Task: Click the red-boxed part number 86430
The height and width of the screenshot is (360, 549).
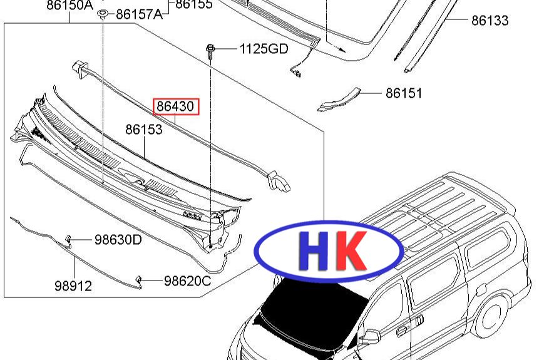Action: click(176, 106)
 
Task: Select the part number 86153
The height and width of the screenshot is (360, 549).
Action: click(144, 130)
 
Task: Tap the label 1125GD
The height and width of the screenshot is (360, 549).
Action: click(264, 49)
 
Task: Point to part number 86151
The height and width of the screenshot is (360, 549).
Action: click(404, 93)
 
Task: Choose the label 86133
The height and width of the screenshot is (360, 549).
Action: click(490, 21)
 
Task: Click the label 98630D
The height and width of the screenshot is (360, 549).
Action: click(118, 239)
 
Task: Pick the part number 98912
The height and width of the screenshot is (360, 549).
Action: click(73, 286)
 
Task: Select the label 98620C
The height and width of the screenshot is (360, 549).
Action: click(188, 281)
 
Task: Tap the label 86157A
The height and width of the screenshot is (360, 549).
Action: click(139, 14)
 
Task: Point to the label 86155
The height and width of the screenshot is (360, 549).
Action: click(194, 4)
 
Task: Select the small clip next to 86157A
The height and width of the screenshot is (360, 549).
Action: click(103, 13)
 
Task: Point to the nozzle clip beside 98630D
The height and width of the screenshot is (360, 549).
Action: click(69, 239)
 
